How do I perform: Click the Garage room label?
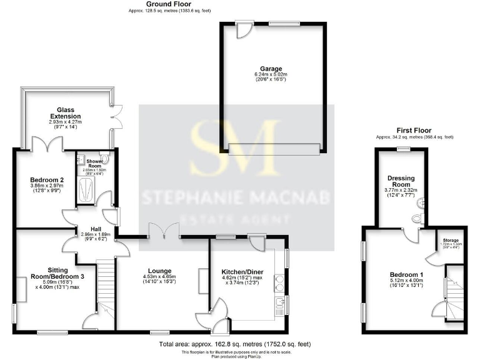point(271,69)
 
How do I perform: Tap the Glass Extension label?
point(66,112)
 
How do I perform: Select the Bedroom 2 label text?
point(43,179)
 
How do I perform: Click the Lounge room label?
point(159,270)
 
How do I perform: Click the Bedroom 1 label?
point(406,274)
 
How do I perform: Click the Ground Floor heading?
point(151,4)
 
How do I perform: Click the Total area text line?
point(234,344)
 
